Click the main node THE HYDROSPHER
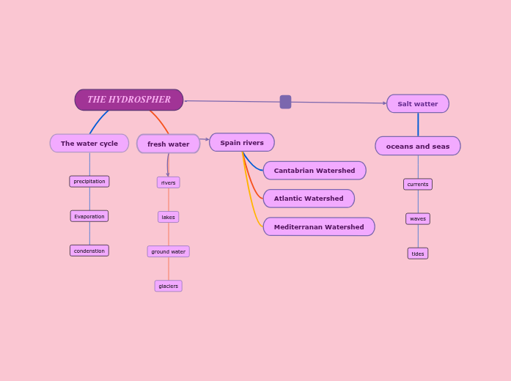tap(129, 100)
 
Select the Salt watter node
tap(418, 104)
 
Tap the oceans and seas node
tap(418, 146)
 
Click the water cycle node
tap(89, 144)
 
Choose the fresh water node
tap(168, 144)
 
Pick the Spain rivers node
tap(242, 143)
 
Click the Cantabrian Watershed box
tap(315, 171)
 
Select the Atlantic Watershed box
tap(309, 199)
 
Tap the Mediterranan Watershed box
tap(319, 227)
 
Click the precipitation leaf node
tap(89, 182)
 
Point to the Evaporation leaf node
tap(89, 216)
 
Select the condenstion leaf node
tap(89, 251)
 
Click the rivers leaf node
tap(168, 182)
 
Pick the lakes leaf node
tap(168, 217)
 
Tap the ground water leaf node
tap(168, 251)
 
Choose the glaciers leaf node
tap(168, 286)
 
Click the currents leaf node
tap(418, 185)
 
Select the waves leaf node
tap(418, 219)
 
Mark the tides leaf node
tap(418, 254)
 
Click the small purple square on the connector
tap(285, 102)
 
